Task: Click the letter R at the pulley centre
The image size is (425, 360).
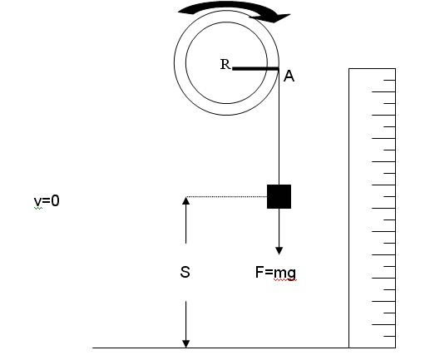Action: pos(225,64)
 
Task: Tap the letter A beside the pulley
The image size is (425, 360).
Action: pos(289,76)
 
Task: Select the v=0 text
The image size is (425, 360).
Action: pos(47,200)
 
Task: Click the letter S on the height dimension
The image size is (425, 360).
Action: pos(185,272)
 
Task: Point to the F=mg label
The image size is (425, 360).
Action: pos(275,273)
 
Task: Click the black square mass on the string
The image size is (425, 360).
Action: pos(279,196)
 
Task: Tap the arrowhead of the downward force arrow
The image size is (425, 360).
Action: pos(279,251)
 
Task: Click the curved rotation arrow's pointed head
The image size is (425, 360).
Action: pos(283,17)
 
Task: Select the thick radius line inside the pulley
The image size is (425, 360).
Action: pos(255,68)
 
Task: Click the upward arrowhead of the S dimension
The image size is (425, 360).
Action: pos(185,200)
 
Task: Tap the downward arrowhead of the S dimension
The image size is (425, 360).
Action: pos(185,343)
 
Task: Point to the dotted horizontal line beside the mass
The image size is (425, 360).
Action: pos(226,197)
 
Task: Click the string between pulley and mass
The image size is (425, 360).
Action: pos(279,127)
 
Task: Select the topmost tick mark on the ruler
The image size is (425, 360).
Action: pos(389,80)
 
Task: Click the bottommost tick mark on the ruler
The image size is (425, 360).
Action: pos(389,336)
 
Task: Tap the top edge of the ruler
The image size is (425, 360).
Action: pos(372,68)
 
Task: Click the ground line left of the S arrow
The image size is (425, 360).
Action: pos(139,348)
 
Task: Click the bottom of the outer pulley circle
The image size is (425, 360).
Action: pos(226,115)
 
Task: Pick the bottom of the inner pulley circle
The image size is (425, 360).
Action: pos(226,103)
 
